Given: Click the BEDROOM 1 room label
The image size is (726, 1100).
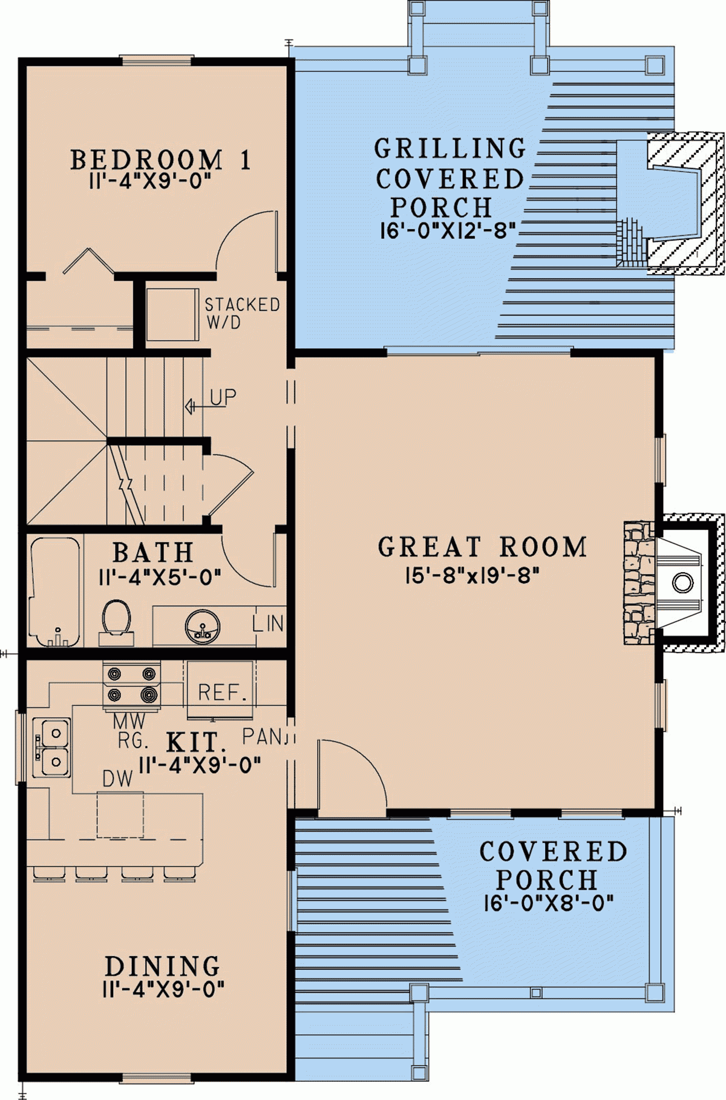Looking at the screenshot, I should click(160, 160).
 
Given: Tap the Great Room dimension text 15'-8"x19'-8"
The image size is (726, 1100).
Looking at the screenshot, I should click(472, 575).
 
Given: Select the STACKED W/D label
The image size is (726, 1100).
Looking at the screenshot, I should click(242, 313).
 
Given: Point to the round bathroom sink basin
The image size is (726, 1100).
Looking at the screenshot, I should click(202, 626).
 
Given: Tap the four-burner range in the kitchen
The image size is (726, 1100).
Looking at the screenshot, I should click(131, 685).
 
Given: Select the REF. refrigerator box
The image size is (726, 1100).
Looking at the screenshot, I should click(220, 691).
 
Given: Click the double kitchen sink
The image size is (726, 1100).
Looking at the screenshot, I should click(52, 747).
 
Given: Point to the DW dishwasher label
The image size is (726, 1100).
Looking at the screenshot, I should click(117, 779).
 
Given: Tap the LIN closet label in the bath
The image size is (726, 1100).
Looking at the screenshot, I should click(268, 623).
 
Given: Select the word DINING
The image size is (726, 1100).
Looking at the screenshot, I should click(162, 966).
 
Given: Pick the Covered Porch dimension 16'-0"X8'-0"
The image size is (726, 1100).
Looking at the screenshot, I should click(548, 903).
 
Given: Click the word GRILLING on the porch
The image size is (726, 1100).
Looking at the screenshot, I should click(450, 148).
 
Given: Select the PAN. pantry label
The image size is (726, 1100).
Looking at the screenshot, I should click(263, 737).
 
